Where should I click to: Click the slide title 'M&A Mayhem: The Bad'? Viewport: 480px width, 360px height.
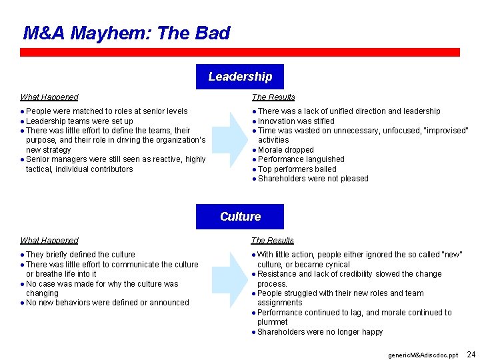pos(127,33)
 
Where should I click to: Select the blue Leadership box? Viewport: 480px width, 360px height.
pos(240,77)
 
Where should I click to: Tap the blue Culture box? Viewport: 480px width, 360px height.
pos(240,217)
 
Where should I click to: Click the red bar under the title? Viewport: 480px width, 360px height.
pos(240,52)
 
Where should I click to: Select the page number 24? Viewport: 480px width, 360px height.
pos(471,354)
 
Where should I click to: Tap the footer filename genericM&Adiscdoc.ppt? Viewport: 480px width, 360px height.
pos(423,355)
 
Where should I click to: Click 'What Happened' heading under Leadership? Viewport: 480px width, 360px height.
pos(49,97)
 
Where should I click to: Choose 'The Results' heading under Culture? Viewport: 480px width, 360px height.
pos(273,241)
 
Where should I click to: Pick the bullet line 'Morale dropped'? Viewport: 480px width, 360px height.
pos(285,150)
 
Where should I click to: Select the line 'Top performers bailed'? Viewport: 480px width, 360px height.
pos(297,169)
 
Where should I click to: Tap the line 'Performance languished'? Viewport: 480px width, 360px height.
pos(301,159)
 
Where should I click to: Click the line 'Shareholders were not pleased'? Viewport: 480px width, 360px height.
pos(313,179)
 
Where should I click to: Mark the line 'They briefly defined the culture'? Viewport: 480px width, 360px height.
pos(80,255)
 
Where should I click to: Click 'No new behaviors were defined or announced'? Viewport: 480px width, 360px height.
pos(107,303)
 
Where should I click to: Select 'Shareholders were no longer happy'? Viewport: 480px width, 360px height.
pos(320,332)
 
